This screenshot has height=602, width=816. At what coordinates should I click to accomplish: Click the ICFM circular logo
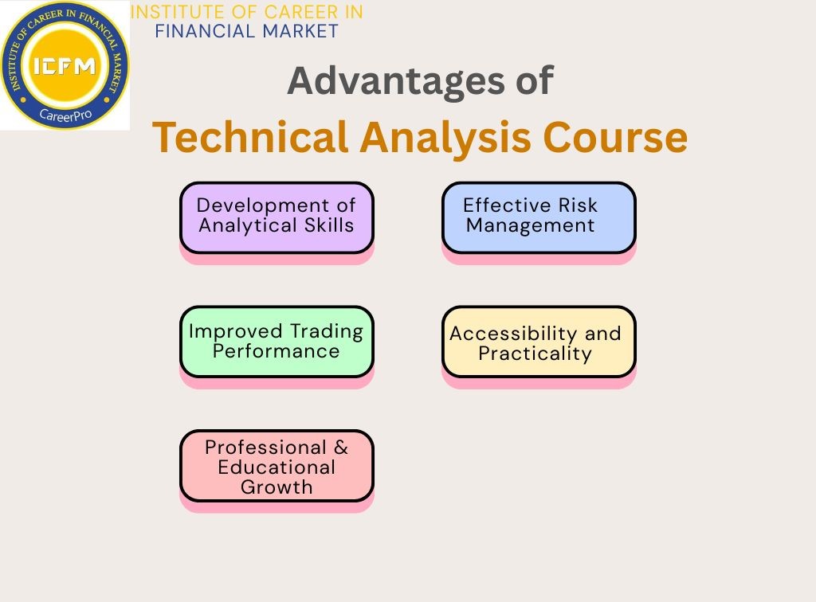click(x=65, y=66)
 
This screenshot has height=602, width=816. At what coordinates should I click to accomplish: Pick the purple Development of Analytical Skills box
click(x=277, y=217)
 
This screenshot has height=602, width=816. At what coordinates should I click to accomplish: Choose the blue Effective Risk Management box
click(x=539, y=217)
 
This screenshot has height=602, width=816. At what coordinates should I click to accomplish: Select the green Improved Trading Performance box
click(x=277, y=341)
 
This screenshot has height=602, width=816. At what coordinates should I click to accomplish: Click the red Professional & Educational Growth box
click(x=277, y=466)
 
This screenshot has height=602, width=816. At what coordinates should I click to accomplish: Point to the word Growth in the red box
click(x=277, y=487)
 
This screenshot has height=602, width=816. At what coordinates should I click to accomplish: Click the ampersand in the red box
click(x=341, y=447)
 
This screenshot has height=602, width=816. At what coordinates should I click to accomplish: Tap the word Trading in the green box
click(x=326, y=330)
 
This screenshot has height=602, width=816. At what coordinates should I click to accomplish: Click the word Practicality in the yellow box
click(x=535, y=354)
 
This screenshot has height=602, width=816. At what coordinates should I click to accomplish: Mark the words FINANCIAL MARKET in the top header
click(x=246, y=31)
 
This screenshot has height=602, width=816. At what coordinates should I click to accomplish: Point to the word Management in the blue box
click(x=530, y=225)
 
